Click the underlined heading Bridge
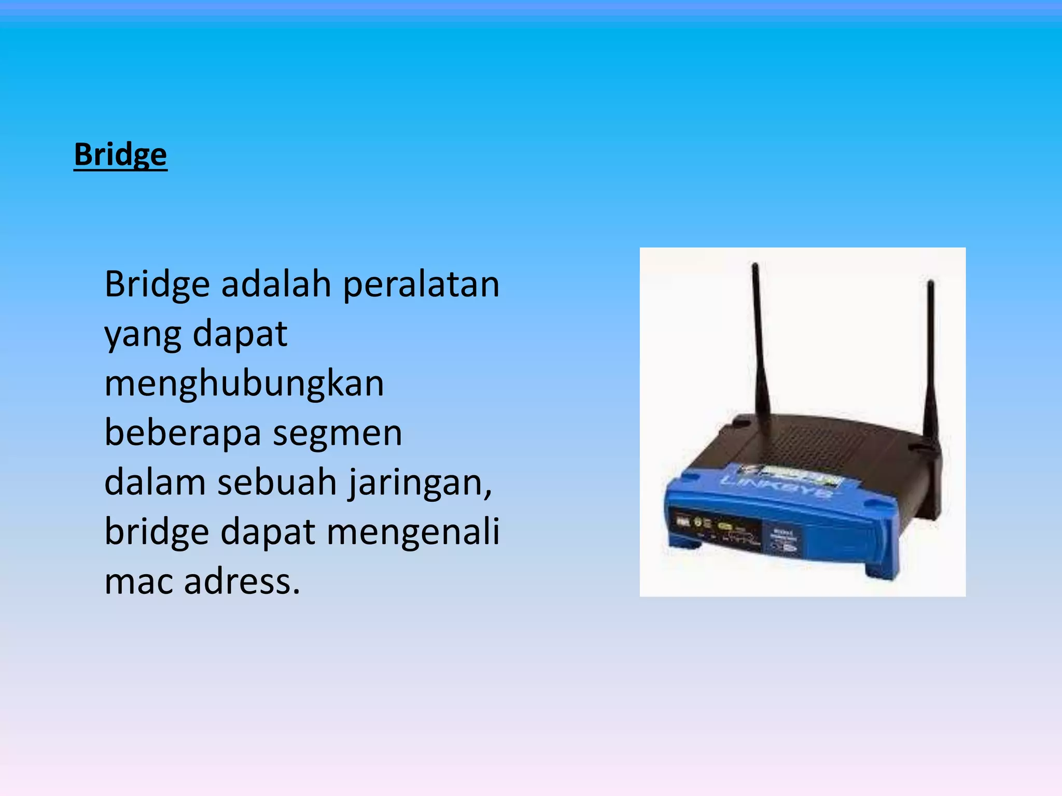tap(120, 154)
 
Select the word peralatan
tap(421, 285)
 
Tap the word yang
tap(143, 335)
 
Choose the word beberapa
tap(183, 433)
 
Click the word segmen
tap(338, 433)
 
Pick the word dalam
tap(155, 482)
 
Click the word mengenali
tap(413, 532)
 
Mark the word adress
tap(242, 581)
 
